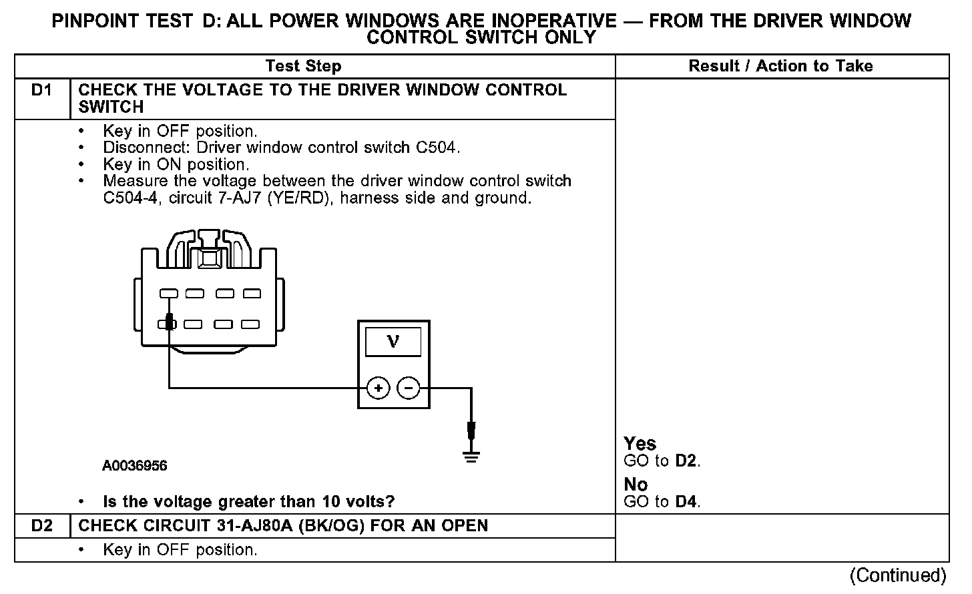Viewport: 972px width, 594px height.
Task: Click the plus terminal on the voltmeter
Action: (x=378, y=388)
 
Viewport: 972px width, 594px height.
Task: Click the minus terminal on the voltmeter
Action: (x=409, y=388)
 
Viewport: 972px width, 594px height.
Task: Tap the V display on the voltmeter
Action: (x=393, y=342)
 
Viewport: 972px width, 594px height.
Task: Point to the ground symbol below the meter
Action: (x=471, y=457)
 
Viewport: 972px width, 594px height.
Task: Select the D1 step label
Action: (x=41, y=90)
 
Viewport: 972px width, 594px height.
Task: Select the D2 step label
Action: (x=41, y=526)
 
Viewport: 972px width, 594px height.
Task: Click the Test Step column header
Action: (x=303, y=66)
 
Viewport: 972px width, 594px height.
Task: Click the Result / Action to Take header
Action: (x=780, y=66)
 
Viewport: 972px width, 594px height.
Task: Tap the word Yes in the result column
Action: (x=640, y=444)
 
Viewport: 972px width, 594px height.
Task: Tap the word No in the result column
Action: (x=636, y=485)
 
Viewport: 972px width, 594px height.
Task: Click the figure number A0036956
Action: (x=135, y=466)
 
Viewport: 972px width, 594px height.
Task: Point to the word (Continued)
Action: (x=898, y=575)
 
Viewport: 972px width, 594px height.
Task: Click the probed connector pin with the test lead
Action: (x=169, y=324)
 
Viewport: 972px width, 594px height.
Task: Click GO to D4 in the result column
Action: (x=662, y=502)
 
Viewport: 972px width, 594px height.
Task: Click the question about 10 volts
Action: (x=248, y=502)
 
